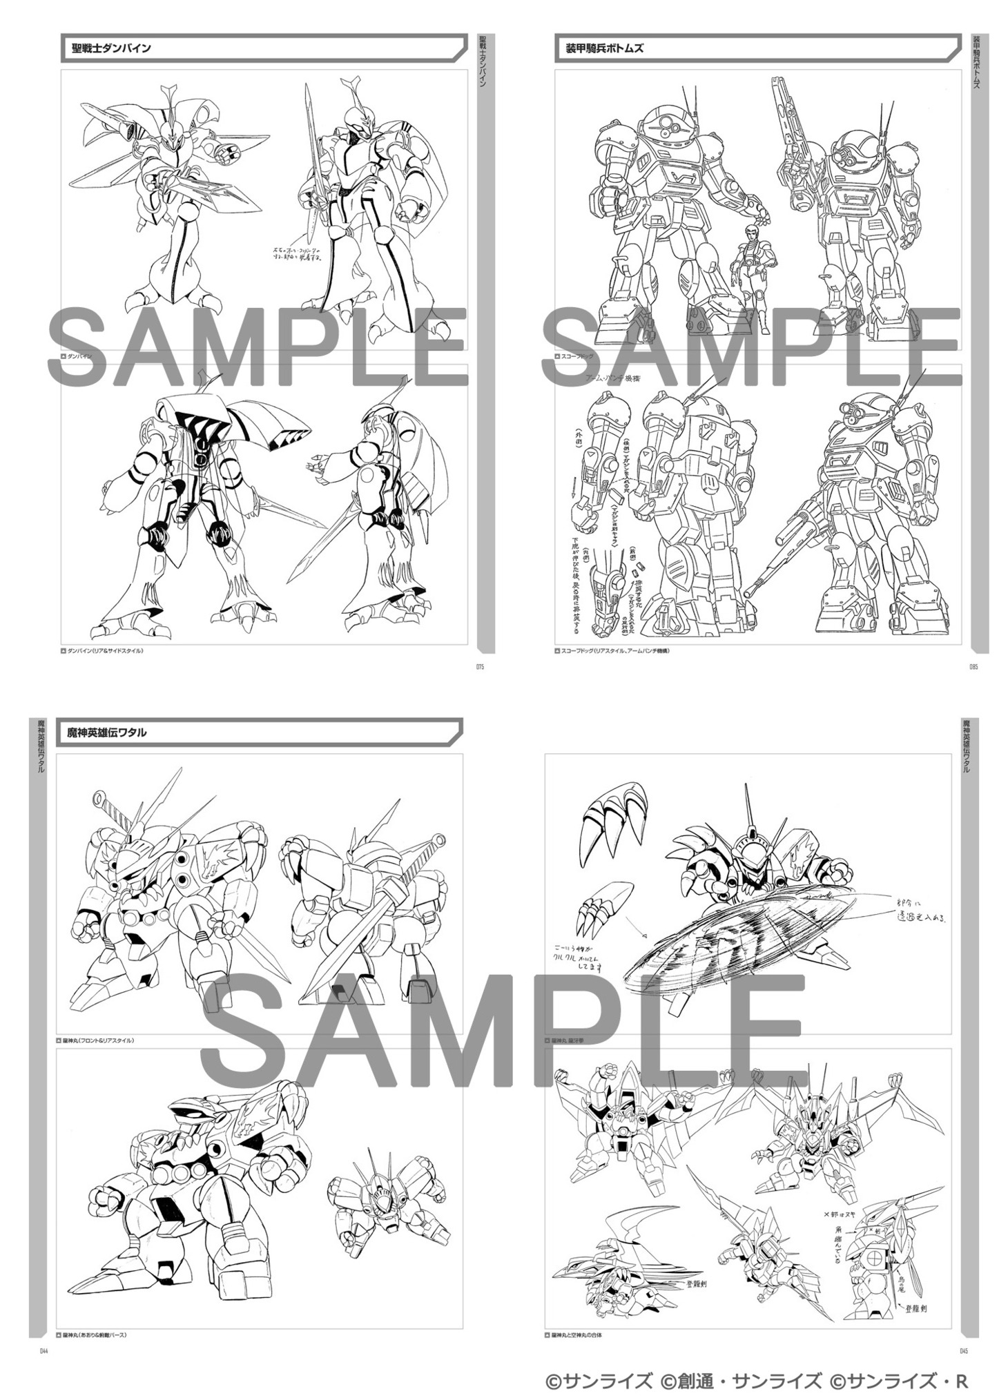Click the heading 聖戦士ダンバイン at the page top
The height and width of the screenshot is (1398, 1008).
[111, 48]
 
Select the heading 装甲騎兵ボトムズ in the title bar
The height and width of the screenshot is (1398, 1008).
[599, 48]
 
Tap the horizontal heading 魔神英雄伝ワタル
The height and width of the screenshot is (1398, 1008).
[106, 732]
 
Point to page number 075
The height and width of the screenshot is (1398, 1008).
[481, 667]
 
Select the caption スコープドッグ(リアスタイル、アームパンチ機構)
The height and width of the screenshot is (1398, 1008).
[612, 650]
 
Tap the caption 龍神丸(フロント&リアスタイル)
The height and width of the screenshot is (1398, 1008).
[97, 1040]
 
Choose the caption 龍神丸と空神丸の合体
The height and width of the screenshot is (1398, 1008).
[576, 1335]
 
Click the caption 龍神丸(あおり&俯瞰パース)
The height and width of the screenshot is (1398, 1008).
[95, 1335]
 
